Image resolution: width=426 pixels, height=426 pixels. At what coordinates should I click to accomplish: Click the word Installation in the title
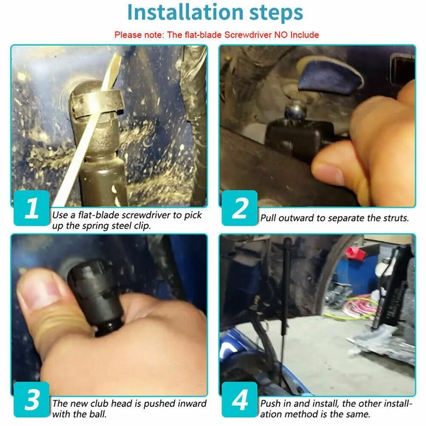tap(185, 12)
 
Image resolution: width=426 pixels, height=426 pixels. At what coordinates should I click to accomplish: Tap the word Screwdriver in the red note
tap(248, 35)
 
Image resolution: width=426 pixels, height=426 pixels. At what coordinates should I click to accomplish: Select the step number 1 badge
tap(31, 208)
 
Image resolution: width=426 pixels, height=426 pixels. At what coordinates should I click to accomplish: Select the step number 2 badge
tap(240, 208)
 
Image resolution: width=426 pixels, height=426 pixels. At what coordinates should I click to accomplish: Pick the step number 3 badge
tap(31, 399)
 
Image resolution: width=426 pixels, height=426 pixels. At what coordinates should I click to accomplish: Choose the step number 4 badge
tap(240, 399)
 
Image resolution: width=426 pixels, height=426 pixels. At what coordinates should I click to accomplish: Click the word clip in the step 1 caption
tap(142, 226)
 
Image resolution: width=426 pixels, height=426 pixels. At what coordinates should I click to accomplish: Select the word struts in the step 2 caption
tap(396, 218)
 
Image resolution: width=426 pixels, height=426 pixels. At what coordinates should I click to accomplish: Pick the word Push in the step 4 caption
tap(271, 404)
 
